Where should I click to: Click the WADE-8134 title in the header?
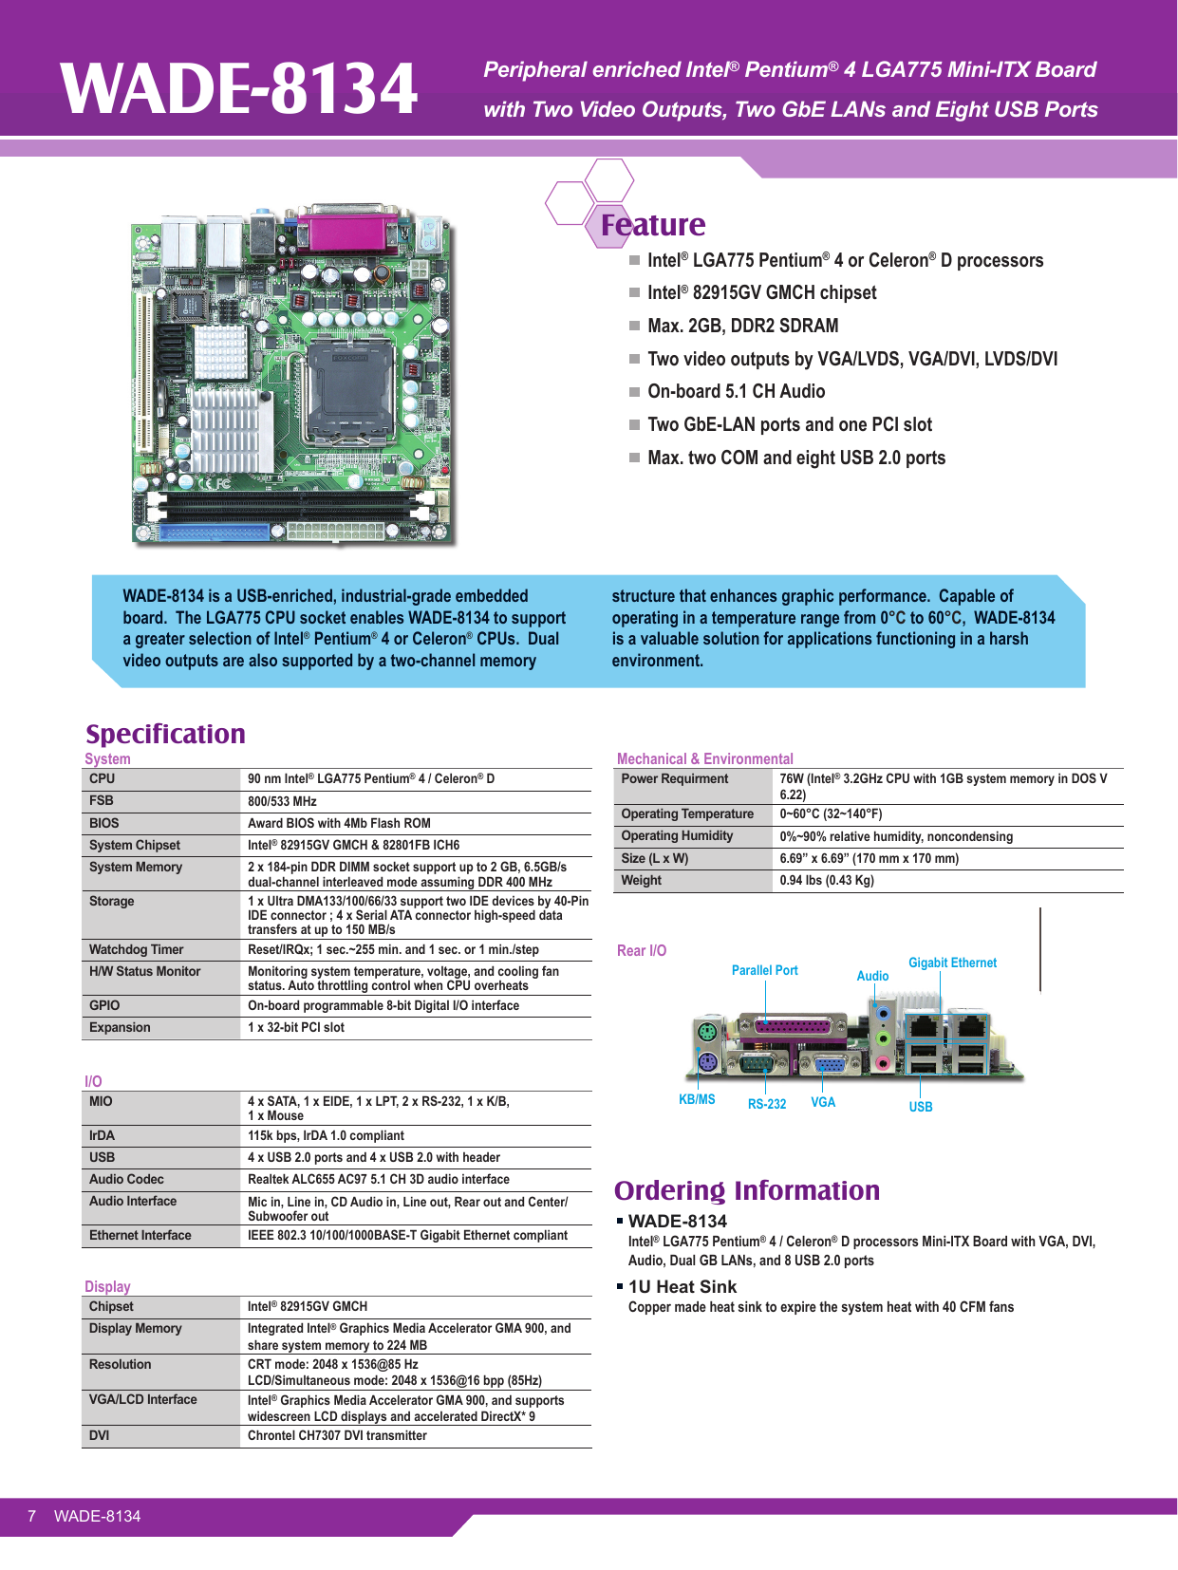pos(239,88)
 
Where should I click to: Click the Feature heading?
pos(652,225)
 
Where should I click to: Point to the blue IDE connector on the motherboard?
pos(215,533)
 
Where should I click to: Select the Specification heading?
pos(165,734)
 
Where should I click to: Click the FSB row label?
pos(102,800)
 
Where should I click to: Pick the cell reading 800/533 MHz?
pos(282,801)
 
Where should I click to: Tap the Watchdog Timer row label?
pos(136,949)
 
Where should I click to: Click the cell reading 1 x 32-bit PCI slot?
pos(295,1027)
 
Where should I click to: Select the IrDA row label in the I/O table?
pos(102,1135)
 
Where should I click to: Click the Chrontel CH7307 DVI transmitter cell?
pos(337,1435)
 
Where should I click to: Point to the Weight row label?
pos(641,880)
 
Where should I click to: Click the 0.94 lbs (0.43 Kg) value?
pos(826,880)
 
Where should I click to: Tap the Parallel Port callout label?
pos(764,970)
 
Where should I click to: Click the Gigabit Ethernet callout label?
pos(952,963)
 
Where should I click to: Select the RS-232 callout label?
pos(767,1104)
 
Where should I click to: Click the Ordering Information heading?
pos(747,1190)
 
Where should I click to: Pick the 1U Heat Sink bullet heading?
pos(682,1287)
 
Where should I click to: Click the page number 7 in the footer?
pos(31,1516)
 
